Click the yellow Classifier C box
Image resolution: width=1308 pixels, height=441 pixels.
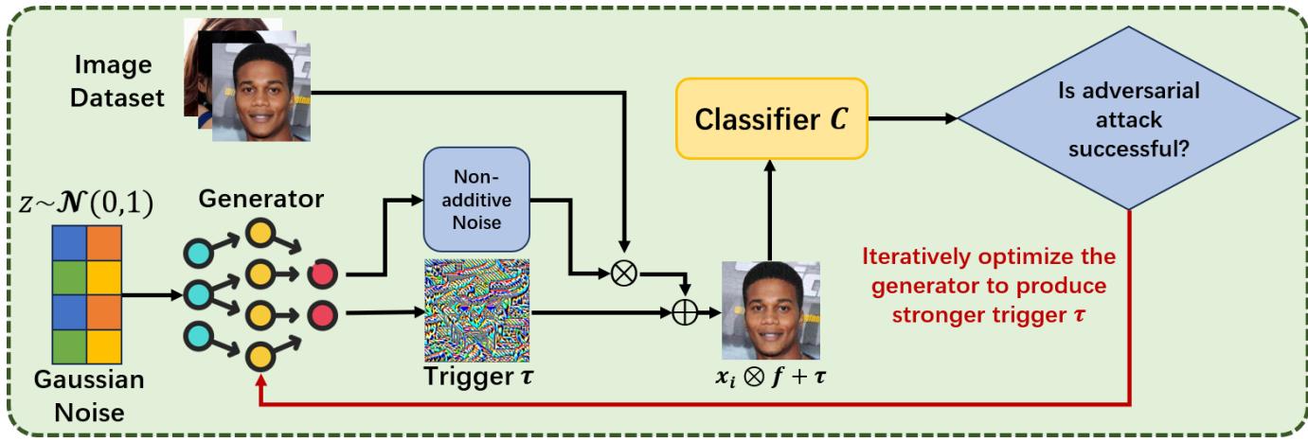point(771,119)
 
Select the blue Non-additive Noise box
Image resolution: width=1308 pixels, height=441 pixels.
point(476,199)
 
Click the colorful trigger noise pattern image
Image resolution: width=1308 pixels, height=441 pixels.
point(476,310)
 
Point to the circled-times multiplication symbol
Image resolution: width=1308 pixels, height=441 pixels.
point(623,272)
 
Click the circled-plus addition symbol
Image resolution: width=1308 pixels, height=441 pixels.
point(684,312)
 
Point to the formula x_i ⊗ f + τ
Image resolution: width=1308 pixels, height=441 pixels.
point(770,379)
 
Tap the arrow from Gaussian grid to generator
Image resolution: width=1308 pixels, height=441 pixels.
point(152,295)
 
